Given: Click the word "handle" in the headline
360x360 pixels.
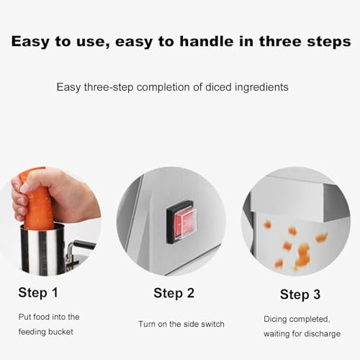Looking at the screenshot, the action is [207, 41].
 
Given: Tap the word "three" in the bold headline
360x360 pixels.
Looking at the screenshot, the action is [280, 41].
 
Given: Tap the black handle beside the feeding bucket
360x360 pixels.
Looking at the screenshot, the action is [84, 245].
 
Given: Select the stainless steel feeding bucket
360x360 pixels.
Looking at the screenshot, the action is [42, 250].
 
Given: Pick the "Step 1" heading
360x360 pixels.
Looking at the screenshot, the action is [38, 292].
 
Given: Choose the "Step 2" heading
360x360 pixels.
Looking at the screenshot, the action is [174, 293].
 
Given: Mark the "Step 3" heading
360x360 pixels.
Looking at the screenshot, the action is [300, 294].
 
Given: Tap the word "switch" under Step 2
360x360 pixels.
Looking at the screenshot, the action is [212, 324].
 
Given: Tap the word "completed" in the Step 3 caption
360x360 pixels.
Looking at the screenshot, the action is [309, 320].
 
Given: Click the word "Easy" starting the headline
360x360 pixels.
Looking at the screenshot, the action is [30, 42].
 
